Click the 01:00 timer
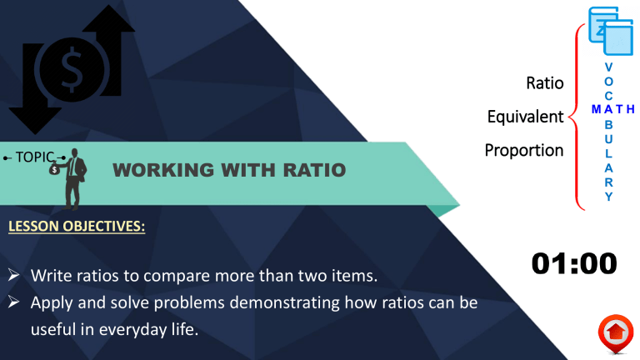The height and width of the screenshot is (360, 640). (x=574, y=263)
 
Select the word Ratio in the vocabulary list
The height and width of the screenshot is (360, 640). (x=545, y=83)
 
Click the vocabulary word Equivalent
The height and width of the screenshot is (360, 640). (x=525, y=117)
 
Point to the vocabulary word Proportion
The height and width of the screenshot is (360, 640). (x=524, y=150)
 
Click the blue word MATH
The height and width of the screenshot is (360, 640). (x=612, y=109)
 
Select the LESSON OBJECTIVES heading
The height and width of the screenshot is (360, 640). (x=77, y=226)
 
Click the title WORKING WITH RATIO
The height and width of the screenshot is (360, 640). (x=228, y=171)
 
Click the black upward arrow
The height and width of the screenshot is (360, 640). (x=113, y=50)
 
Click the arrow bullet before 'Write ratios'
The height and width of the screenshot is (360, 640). (x=14, y=275)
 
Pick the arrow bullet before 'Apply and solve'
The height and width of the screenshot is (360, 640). (x=14, y=302)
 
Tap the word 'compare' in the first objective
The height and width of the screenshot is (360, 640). (x=180, y=275)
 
